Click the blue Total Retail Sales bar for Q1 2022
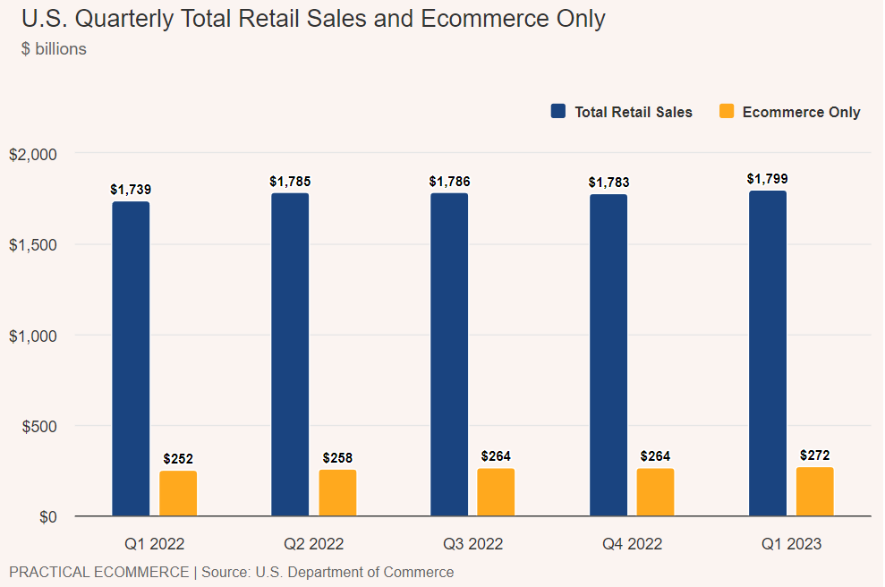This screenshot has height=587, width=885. tap(131, 358)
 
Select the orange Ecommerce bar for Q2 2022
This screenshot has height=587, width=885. tap(337, 492)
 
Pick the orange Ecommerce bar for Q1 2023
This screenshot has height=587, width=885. tap(815, 491)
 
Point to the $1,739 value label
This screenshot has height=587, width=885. tap(131, 189)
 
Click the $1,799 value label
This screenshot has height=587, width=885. tap(768, 178)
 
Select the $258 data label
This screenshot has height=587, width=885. tap(337, 458)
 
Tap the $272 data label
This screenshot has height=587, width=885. tap(815, 455)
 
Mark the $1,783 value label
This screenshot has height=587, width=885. tap(608, 182)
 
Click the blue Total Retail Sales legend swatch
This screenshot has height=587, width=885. tap(558, 112)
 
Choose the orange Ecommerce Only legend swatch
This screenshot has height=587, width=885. tap(727, 112)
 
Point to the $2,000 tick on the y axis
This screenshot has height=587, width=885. tap(33, 154)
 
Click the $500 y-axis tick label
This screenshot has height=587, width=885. tap(38, 426)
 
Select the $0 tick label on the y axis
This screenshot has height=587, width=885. tap(47, 517)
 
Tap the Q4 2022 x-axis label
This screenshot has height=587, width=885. tap(632, 543)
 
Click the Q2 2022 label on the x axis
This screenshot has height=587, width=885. tap(313, 543)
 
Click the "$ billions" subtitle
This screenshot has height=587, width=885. tap(54, 49)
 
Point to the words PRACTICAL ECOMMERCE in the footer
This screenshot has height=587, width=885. tap(98, 572)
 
